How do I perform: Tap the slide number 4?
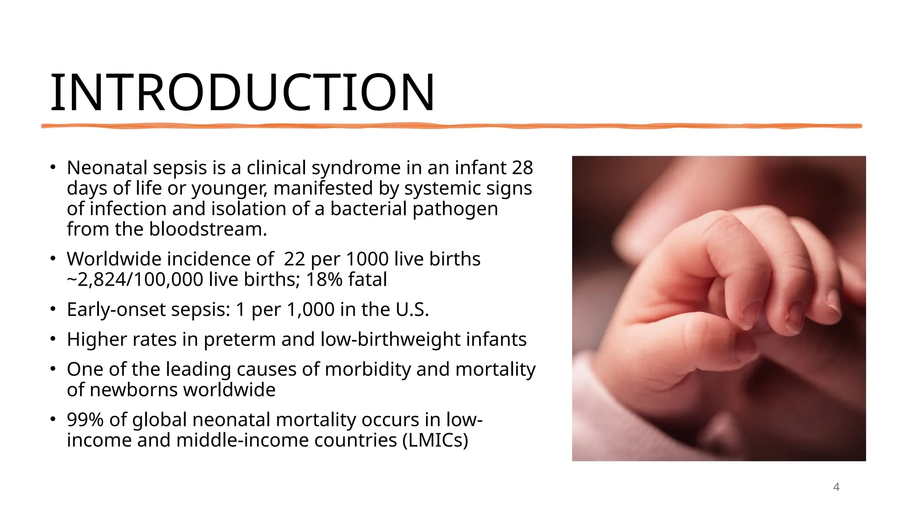(836, 487)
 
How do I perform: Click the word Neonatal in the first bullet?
(107, 168)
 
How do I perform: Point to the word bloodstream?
(208, 229)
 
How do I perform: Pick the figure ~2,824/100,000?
(135, 280)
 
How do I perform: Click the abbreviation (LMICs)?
(435, 440)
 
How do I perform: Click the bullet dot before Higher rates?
(53, 339)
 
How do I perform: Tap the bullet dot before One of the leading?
(53, 369)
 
